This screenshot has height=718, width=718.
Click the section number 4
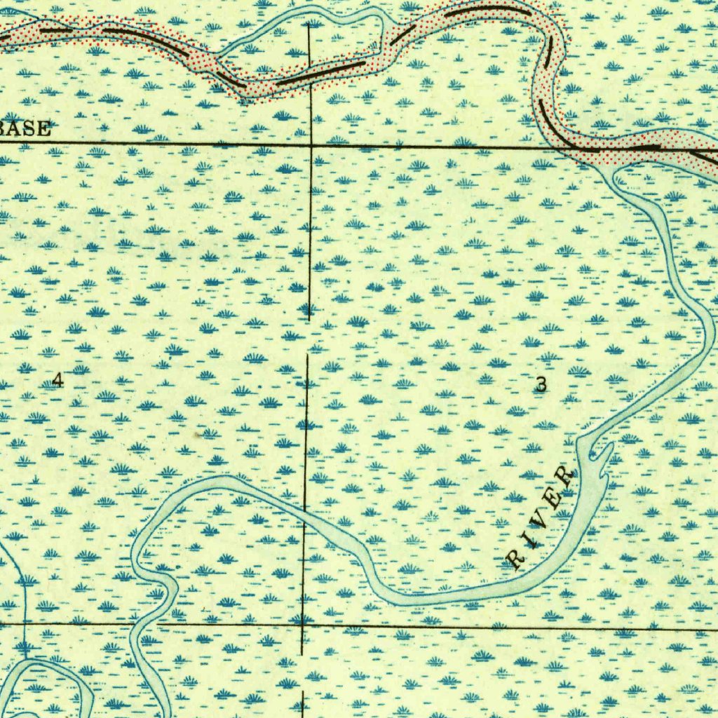[x=57, y=380]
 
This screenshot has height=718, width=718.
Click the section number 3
[x=541, y=384]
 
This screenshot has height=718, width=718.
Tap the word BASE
[x=26, y=129]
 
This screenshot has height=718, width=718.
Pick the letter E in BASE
[x=43, y=129]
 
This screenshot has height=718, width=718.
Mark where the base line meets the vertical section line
[x=311, y=145]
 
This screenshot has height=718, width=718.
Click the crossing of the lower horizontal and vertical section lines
[x=303, y=622]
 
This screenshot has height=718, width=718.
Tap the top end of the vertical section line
[x=309, y=25]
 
